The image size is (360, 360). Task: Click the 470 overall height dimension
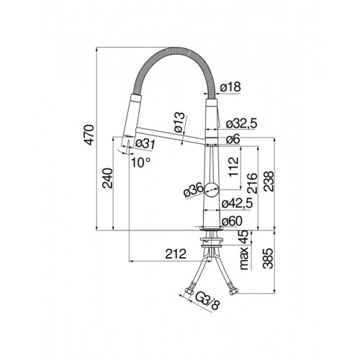point(90,135)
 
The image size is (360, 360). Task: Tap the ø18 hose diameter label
point(230,86)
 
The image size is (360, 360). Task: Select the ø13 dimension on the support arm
point(180,122)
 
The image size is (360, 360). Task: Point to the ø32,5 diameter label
point(241,124)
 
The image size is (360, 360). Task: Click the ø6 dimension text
point(233,139)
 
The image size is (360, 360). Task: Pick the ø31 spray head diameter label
point(145,144)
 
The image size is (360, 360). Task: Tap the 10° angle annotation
point(141,163)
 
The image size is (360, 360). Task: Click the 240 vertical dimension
point(107,178)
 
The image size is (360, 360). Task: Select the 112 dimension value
point(234,167)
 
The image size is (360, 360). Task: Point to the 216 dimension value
point(252,183)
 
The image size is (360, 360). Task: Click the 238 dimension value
point(269,181)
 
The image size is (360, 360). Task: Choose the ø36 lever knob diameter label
point(194,191)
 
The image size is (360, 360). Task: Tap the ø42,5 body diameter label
point(237,204)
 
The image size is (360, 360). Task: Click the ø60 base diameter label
point(232,221)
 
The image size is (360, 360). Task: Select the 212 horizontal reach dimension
point(176,253)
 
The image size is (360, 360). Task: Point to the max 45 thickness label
point(244,251)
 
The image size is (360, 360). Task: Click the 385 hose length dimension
point(268,258)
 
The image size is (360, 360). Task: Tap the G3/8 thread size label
point(207,301)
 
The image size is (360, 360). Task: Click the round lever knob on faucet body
point(212,189)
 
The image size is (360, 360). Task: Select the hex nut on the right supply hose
point(233,291)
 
